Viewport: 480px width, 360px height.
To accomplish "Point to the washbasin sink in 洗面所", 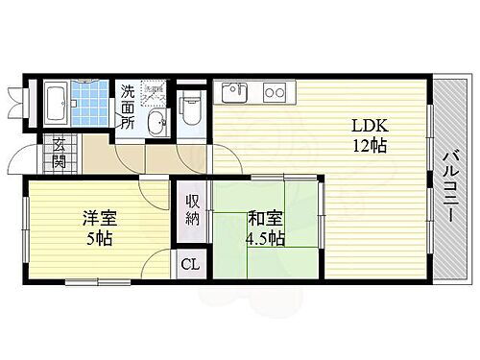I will (x=156, y=120).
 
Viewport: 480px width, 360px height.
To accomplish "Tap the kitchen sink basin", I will (x=232, y=93).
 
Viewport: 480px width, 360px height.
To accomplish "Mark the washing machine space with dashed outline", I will (x=156, y=94).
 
